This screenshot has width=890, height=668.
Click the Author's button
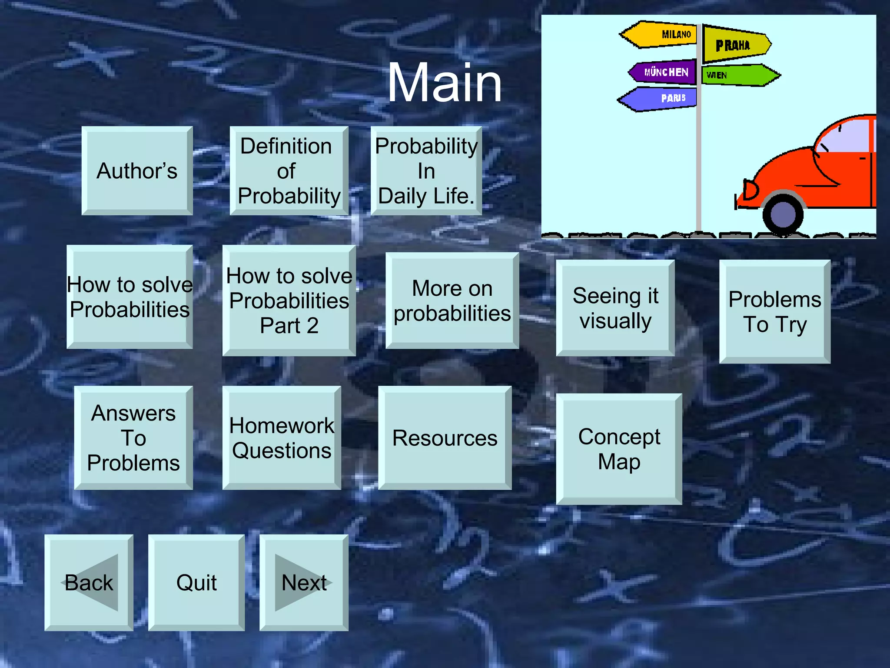coord(137,170)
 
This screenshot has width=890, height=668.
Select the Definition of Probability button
coord(289,170)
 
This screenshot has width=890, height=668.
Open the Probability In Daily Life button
coord(426,170)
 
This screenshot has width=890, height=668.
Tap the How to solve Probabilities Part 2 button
coord(289,301)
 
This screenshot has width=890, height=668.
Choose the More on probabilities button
coord(452,301)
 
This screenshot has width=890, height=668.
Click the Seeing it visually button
coord(615,308)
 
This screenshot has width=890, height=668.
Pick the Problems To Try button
coord(775,311)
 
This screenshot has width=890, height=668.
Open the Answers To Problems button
coord(133,438)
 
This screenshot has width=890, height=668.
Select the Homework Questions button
coord(282,438)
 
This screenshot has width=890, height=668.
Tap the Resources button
coord(445,438)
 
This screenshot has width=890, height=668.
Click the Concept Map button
coord(619,449)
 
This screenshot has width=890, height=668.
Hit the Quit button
coord(196,582)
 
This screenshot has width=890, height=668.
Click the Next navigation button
coord(304,582)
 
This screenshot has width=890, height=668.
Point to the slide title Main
coord(444,83)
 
